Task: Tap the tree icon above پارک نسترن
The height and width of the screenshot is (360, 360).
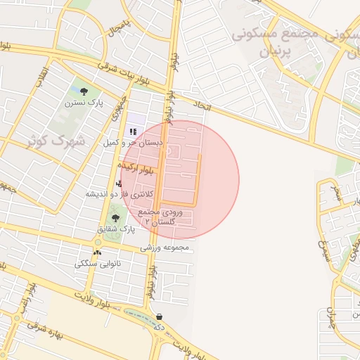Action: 84,91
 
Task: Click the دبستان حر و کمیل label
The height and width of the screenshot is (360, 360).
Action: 134,143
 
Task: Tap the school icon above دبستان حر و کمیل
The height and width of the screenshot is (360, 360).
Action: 133,131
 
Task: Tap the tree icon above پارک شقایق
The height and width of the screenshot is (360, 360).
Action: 115,218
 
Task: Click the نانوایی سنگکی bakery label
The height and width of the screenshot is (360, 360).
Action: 98,264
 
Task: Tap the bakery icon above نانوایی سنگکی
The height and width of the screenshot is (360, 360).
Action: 97,252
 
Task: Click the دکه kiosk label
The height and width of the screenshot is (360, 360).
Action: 159,328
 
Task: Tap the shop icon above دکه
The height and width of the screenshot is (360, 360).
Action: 159,316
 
